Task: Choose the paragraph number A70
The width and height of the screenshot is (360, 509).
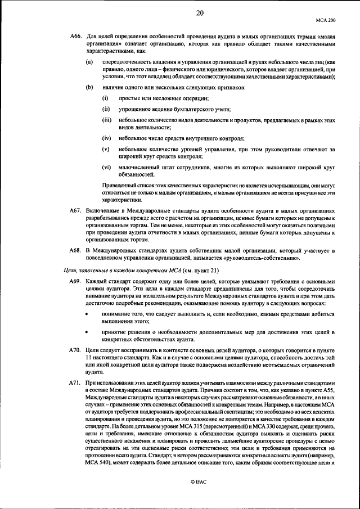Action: [x=75, y=350]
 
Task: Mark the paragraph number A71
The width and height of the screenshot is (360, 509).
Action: [x=75, y=382]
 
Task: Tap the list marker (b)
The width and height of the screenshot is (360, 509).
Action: [x=89, y=88]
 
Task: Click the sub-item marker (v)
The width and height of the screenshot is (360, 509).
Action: [x=106, y=148]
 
